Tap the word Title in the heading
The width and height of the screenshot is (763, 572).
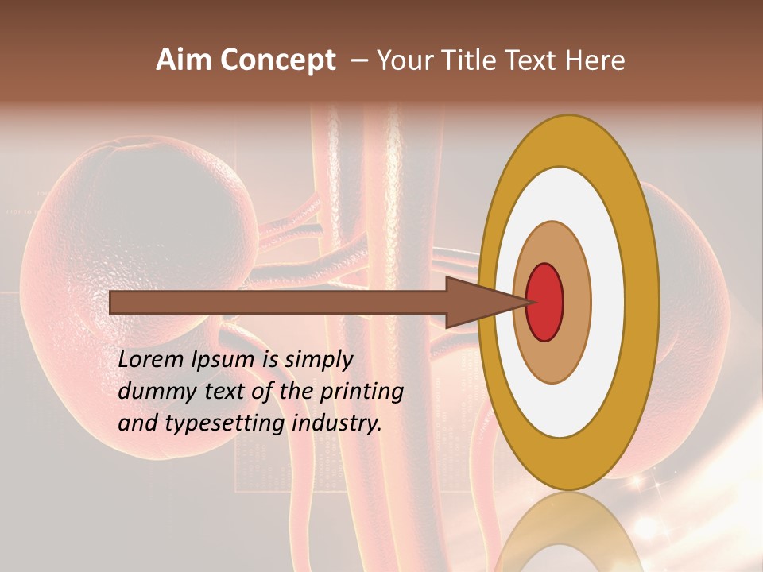pos(469,60)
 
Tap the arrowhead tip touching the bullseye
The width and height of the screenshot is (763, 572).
pos(528,302)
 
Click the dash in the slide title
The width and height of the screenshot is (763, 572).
pos(358,60)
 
